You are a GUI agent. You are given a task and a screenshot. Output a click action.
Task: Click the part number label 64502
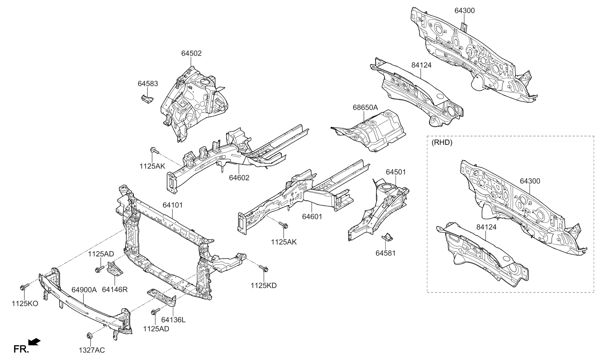click(x=191, y=53)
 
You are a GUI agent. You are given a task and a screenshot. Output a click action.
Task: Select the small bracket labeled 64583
click(x=146, y=99)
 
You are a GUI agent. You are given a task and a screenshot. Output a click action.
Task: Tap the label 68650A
click(x=365, y=107)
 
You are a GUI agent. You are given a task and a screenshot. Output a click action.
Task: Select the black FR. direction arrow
click(x=34, y=342)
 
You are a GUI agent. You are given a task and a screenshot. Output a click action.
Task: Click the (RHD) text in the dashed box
click(x=442, y=143)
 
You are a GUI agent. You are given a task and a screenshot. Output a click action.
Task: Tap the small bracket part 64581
click(x=387, y=236)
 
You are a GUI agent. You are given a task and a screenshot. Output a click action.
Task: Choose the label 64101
click(x=172, y=205)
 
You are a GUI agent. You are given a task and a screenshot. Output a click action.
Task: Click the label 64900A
click(x=84, y=290)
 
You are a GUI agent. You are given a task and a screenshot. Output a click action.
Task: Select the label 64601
click(x=312, y=216)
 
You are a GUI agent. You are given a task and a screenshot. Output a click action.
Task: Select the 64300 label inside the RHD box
click(x=530, y=181)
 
